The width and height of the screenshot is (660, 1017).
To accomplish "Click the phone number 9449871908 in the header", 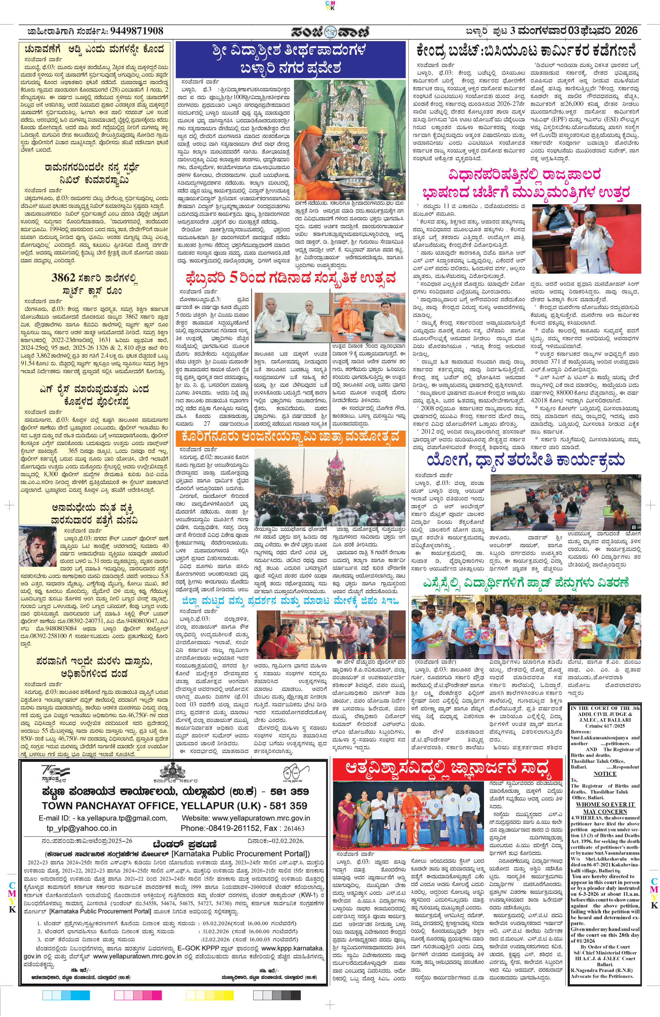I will point(136,31).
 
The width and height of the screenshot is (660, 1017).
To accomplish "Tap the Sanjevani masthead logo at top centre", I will point(330,32).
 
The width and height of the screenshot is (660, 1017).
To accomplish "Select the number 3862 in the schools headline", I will point(63,278).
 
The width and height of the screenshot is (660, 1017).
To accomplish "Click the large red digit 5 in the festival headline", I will point(233,278).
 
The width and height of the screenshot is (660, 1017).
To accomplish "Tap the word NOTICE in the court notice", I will point(605,774).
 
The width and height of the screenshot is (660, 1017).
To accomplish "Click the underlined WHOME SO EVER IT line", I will point(605,804).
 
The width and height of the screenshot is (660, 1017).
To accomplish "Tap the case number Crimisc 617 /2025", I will point(605,726).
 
